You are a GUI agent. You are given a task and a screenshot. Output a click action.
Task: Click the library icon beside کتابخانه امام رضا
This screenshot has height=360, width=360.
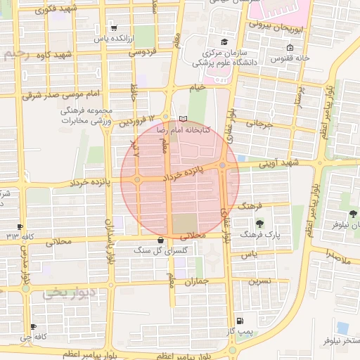184,118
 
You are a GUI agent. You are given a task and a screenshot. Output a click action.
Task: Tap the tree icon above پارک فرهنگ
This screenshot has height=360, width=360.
259,223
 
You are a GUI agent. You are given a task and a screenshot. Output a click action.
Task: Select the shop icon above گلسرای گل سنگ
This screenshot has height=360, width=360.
162,240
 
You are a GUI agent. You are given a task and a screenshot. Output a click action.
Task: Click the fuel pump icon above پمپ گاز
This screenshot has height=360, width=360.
241,320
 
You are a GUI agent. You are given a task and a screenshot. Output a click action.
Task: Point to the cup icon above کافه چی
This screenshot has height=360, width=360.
33,327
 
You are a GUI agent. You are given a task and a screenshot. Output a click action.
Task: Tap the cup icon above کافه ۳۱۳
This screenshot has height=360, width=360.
19,226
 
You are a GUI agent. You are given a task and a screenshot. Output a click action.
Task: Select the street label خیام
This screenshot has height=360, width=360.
199,86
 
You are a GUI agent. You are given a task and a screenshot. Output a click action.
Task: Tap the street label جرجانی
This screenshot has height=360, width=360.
258,125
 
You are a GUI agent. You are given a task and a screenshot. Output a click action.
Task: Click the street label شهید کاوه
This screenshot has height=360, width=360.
57,55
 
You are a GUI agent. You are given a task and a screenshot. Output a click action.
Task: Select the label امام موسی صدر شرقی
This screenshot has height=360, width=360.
61,94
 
